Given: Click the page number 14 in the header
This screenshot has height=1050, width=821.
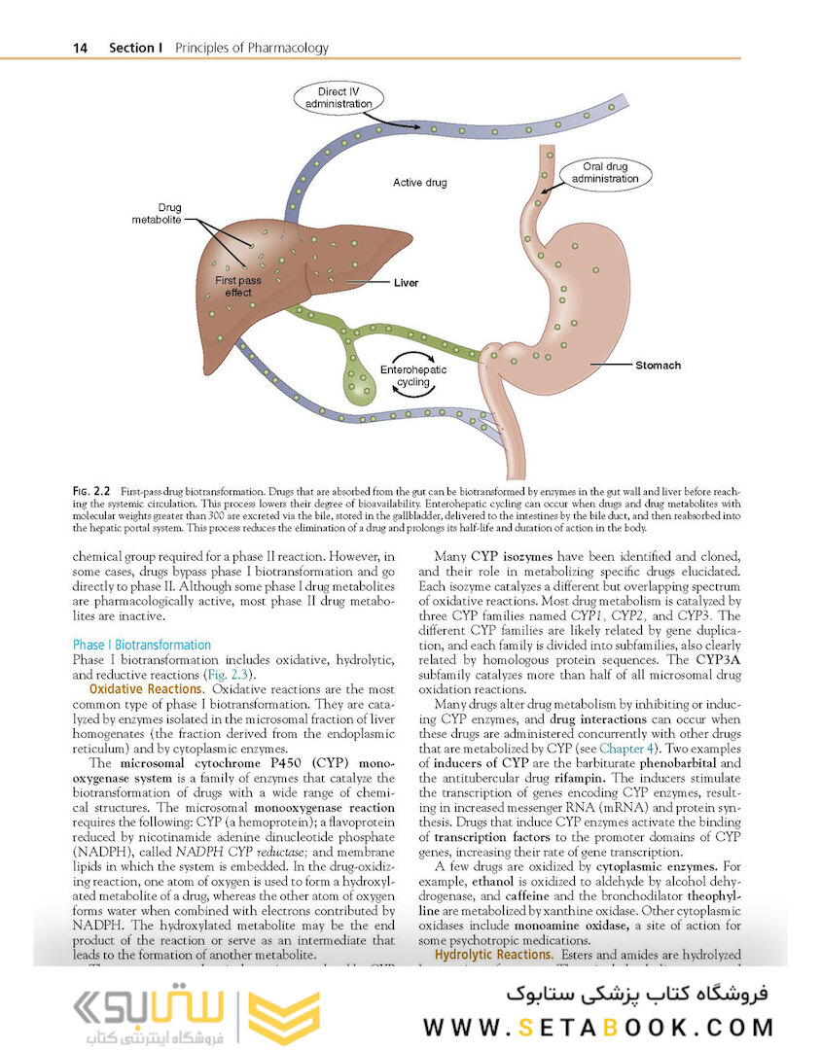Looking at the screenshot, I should click(x=81, y=48).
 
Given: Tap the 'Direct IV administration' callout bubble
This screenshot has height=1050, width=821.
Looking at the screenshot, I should click(x=338, y=98).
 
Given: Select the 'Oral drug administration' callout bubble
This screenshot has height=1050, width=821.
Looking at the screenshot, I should click(x=604, y=173).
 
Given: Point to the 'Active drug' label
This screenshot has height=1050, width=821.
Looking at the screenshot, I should click(x=419, y=183).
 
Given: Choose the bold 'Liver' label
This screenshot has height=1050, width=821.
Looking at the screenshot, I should click(x=406, y=283).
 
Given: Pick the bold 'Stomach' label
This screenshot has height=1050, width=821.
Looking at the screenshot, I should click(x=658, y=366).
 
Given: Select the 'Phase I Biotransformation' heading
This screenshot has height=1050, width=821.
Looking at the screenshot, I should click(x=141, y=645).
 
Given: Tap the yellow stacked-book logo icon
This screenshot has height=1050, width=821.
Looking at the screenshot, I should click(x=283, y=1018).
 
